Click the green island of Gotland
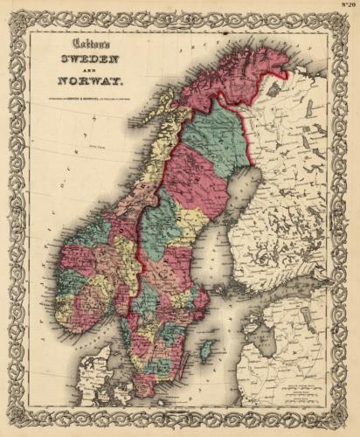pos(206,351)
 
